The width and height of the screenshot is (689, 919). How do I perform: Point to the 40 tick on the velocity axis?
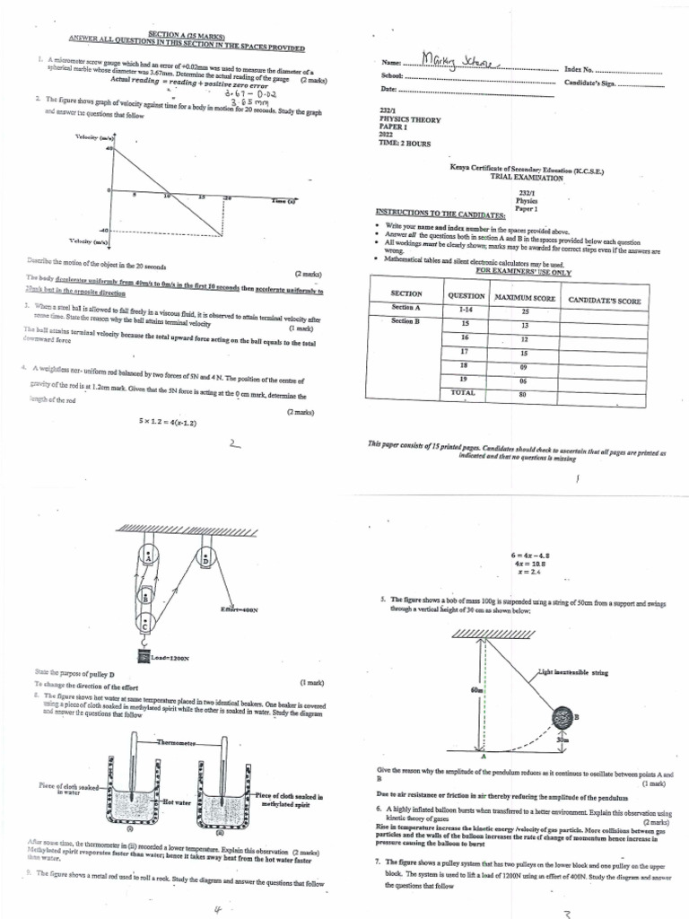pos(109,148)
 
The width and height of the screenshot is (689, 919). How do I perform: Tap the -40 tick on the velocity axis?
pos(103,230)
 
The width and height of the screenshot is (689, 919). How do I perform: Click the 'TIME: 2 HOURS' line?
pos(406,143)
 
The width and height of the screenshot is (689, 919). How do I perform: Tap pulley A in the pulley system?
pos(147,559)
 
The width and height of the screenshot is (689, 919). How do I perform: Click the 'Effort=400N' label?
pos(239,609)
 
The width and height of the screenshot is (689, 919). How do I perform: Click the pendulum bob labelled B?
pos(561,716)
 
